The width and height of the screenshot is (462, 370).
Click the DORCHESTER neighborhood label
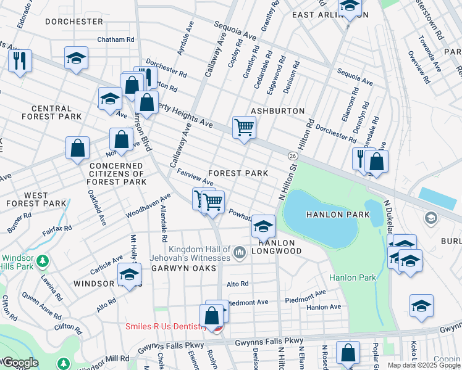(73, 22)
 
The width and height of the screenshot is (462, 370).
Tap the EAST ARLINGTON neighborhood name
(330, 15)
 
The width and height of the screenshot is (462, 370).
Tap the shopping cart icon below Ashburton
(244, 128)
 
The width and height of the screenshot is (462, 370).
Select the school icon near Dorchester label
(77, 59)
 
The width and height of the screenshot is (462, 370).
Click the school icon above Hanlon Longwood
(263, 226)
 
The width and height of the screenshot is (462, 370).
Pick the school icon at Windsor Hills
(129, 274)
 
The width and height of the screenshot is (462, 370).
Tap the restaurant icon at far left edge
(19, 60)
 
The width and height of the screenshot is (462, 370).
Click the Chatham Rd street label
(115, 39)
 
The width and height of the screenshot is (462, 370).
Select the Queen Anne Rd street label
(40, 300)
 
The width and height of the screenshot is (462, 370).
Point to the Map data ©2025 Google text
(424, 365)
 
